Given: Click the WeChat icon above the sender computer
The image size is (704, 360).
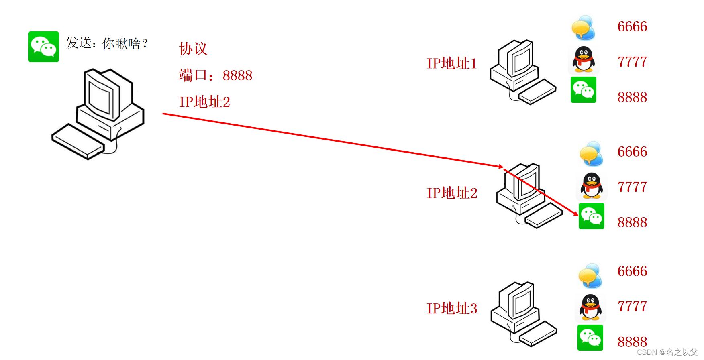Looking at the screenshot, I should point(43,47).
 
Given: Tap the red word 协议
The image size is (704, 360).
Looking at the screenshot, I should point(193,49).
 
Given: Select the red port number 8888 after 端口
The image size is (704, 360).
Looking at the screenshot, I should point(237,75).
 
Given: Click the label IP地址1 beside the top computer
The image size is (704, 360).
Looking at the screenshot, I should point(451,63).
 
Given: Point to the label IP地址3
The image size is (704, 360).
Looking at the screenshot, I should point(452,308).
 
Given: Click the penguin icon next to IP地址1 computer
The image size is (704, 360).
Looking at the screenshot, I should point(584,59).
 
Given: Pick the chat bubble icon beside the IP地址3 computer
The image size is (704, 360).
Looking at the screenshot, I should point(590,276).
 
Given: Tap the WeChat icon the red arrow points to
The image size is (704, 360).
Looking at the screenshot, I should point(591,216).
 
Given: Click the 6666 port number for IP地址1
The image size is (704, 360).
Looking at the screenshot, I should point(632,26).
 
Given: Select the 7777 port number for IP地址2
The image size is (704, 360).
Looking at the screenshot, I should point(632,187).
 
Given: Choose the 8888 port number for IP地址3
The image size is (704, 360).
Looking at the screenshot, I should point(632,342).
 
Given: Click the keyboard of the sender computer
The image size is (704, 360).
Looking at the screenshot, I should point(78,142).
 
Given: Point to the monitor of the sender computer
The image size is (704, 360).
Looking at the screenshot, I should point(102,94).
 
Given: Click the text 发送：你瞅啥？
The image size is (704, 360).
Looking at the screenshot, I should point(107,43).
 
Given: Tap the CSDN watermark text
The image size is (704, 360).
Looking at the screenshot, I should point(667,352).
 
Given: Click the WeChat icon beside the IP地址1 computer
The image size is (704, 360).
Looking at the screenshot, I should point(583,89).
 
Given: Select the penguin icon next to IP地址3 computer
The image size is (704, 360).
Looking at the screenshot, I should point(590,307).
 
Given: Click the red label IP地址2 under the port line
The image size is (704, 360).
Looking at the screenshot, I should point(204,102).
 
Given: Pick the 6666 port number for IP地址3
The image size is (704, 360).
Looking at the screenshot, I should point(632,271).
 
